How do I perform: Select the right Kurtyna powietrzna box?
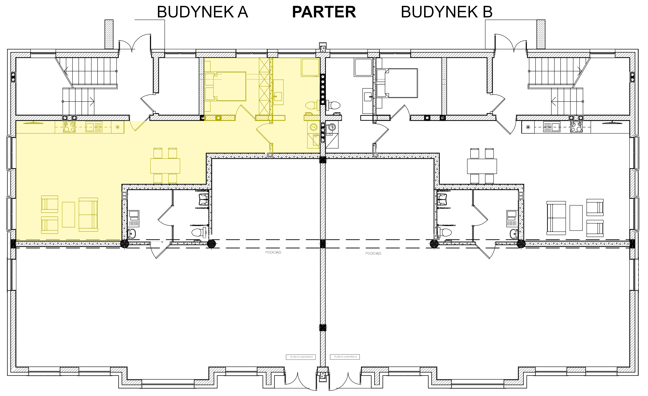pyautogui.click(x=345, y=357)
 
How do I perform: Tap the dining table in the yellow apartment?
pyautogui.click(x=165, y=166)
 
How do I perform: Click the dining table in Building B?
pyautogui.click(x=482, y=166)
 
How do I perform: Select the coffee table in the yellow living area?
pyautogui.click(x=68, y=215)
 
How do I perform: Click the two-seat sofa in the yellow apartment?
pyautogui.click(x=88, y=215)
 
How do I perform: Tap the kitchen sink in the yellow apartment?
pyautogui.click(x=94, y=127)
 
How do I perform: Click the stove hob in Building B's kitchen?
pyautogui.click(x=576, y=127)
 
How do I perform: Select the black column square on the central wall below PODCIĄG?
pyautogui.click(x=323, y=328)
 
